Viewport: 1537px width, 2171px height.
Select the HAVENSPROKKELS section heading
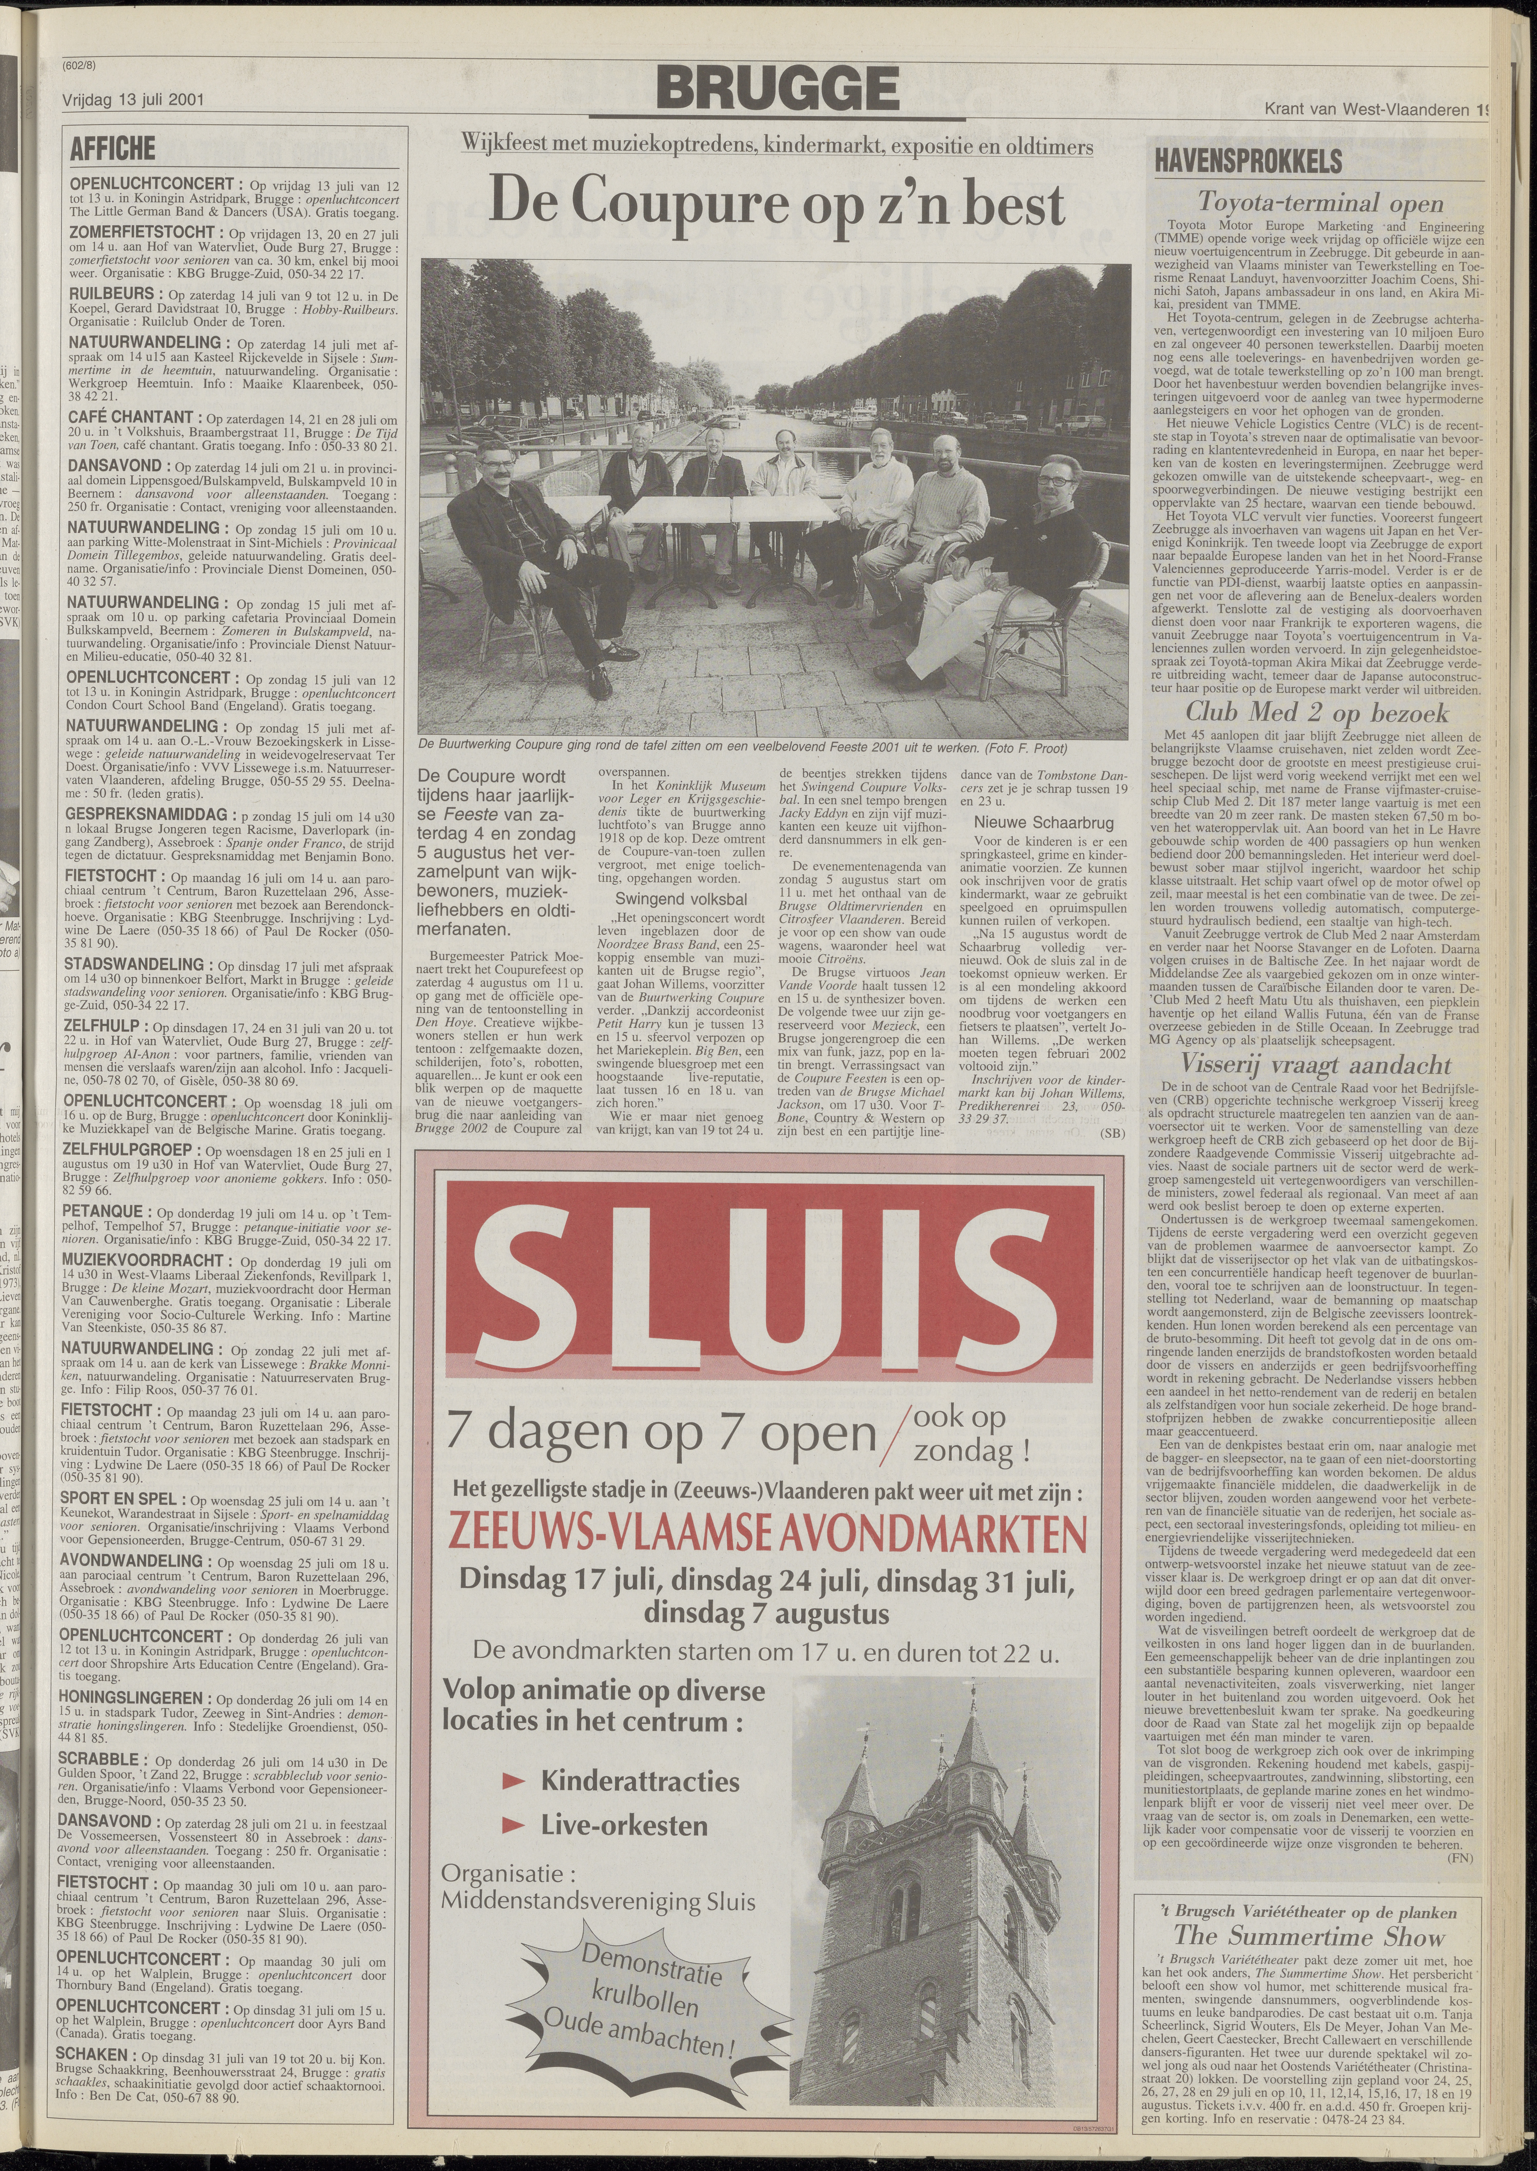click(x=1248, y=161)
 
